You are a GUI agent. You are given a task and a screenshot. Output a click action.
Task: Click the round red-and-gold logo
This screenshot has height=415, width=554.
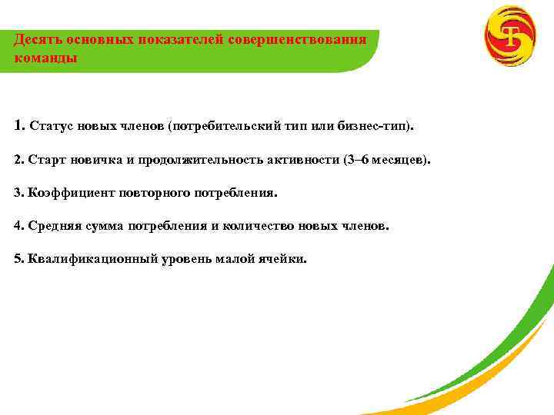[509, 36]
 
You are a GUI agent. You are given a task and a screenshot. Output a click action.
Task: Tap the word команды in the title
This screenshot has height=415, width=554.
[45, 58]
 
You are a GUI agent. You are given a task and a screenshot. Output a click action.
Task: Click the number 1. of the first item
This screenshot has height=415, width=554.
[19, 124]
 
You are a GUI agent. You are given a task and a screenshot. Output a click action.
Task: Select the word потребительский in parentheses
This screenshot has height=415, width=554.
[224, 125]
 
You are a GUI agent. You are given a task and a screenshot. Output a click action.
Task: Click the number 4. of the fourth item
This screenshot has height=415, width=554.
[19, 227]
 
